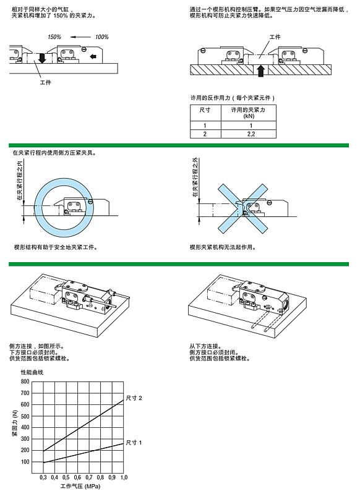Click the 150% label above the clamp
point(54,37)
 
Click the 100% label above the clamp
point(101,37)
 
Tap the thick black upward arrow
point(260,69)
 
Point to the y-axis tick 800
point(25,382)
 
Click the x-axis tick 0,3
point(43,478)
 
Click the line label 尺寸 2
point(134,398)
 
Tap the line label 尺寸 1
point(134,443)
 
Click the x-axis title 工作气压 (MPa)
point(80,487)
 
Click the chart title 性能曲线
point(33,372)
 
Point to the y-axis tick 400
point(25,422)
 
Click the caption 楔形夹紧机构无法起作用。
point(223,247)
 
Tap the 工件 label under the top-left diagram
point(45,82)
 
